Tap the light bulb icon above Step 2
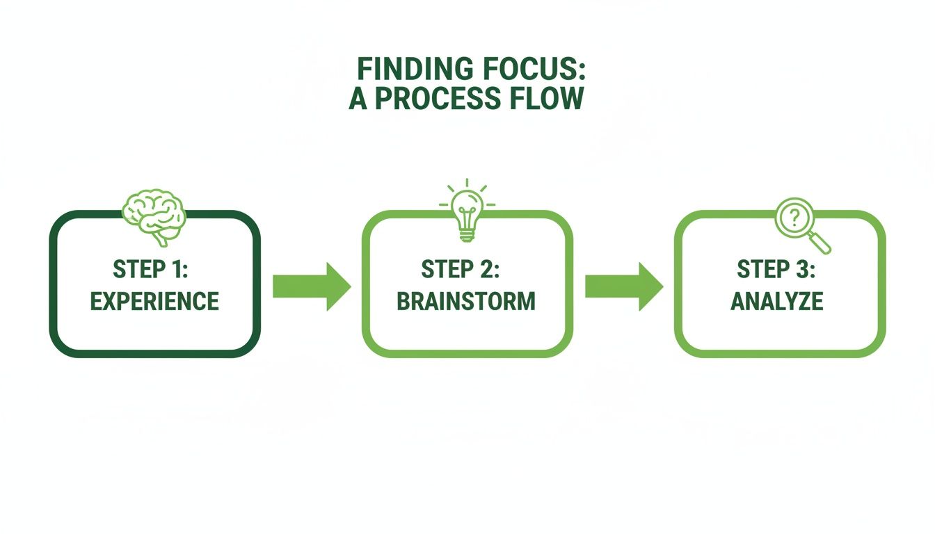point(467,211)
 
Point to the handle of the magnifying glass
point(821,243)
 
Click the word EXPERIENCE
point(154,301)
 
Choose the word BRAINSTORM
point(466,301)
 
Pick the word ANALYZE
point(777,301)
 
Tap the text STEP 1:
point(154,268)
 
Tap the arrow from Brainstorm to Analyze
point(623,286)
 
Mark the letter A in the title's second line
point(358,99)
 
